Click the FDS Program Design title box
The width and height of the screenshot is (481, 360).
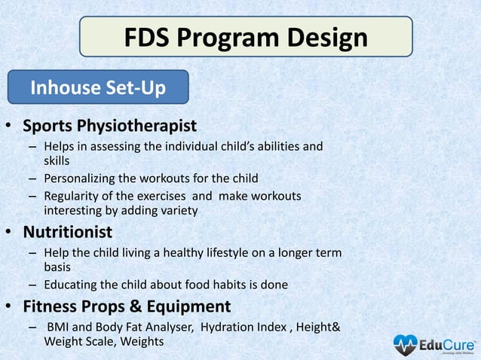(246, 37)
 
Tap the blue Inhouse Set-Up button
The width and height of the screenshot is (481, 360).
(98, 88)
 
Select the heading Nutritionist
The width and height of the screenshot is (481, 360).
(67, 230)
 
